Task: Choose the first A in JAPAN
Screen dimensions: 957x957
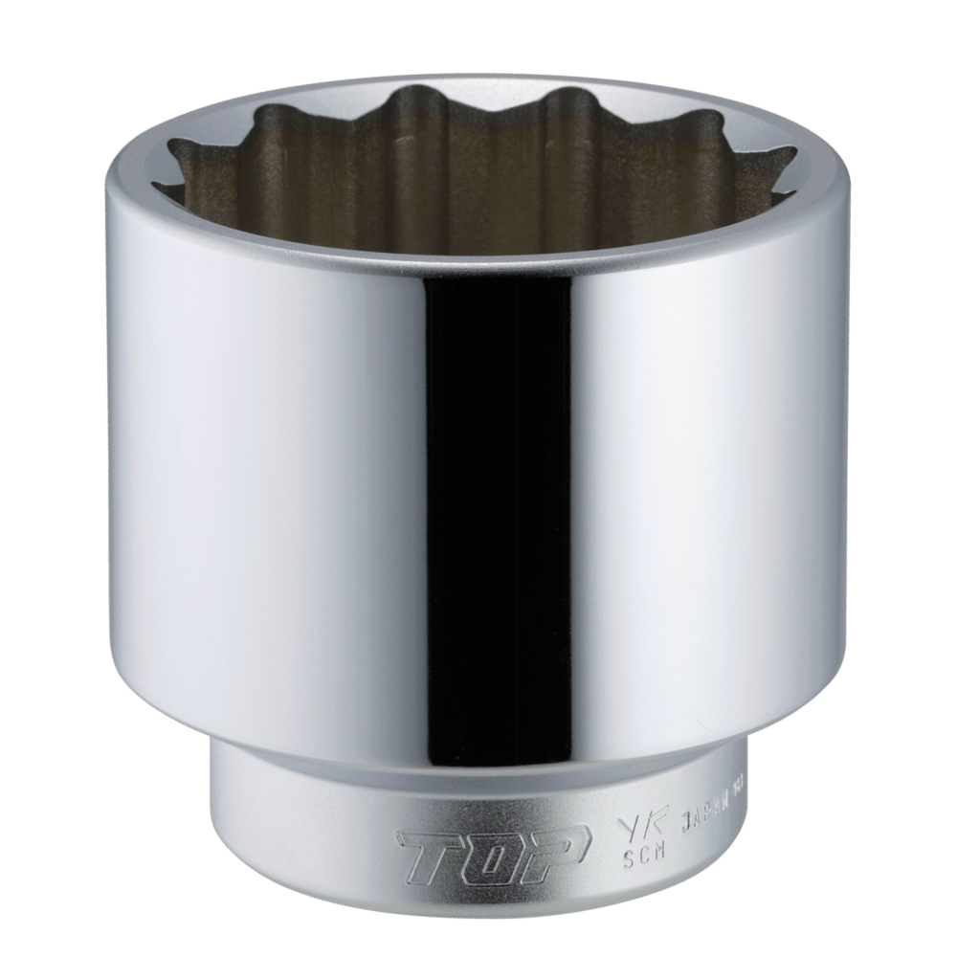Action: (691, 810)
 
